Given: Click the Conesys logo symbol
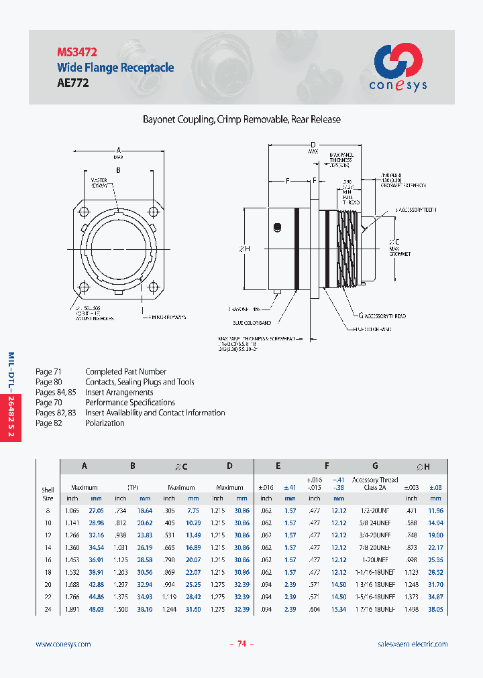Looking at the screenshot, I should coord(397,60).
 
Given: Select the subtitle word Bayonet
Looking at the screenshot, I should coord(159,119).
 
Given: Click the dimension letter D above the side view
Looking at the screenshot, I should coord(313,145).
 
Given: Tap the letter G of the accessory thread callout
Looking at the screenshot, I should coord(361,315).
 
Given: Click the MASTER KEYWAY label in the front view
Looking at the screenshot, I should coord(99,183).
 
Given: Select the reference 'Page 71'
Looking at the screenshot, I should coord(48,371).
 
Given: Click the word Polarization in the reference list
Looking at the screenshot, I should coord(105,423).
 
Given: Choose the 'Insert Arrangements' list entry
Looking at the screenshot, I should coord(119,392).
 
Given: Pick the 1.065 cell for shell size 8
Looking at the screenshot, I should coord(72,511).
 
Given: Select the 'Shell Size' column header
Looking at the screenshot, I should coord(48,494).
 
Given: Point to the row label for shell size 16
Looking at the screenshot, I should coord(48,560).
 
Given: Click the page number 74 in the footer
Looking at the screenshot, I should coord(241,644).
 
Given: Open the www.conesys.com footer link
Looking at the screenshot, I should coord(63,644).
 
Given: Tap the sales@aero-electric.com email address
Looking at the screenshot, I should coord(413,644).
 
